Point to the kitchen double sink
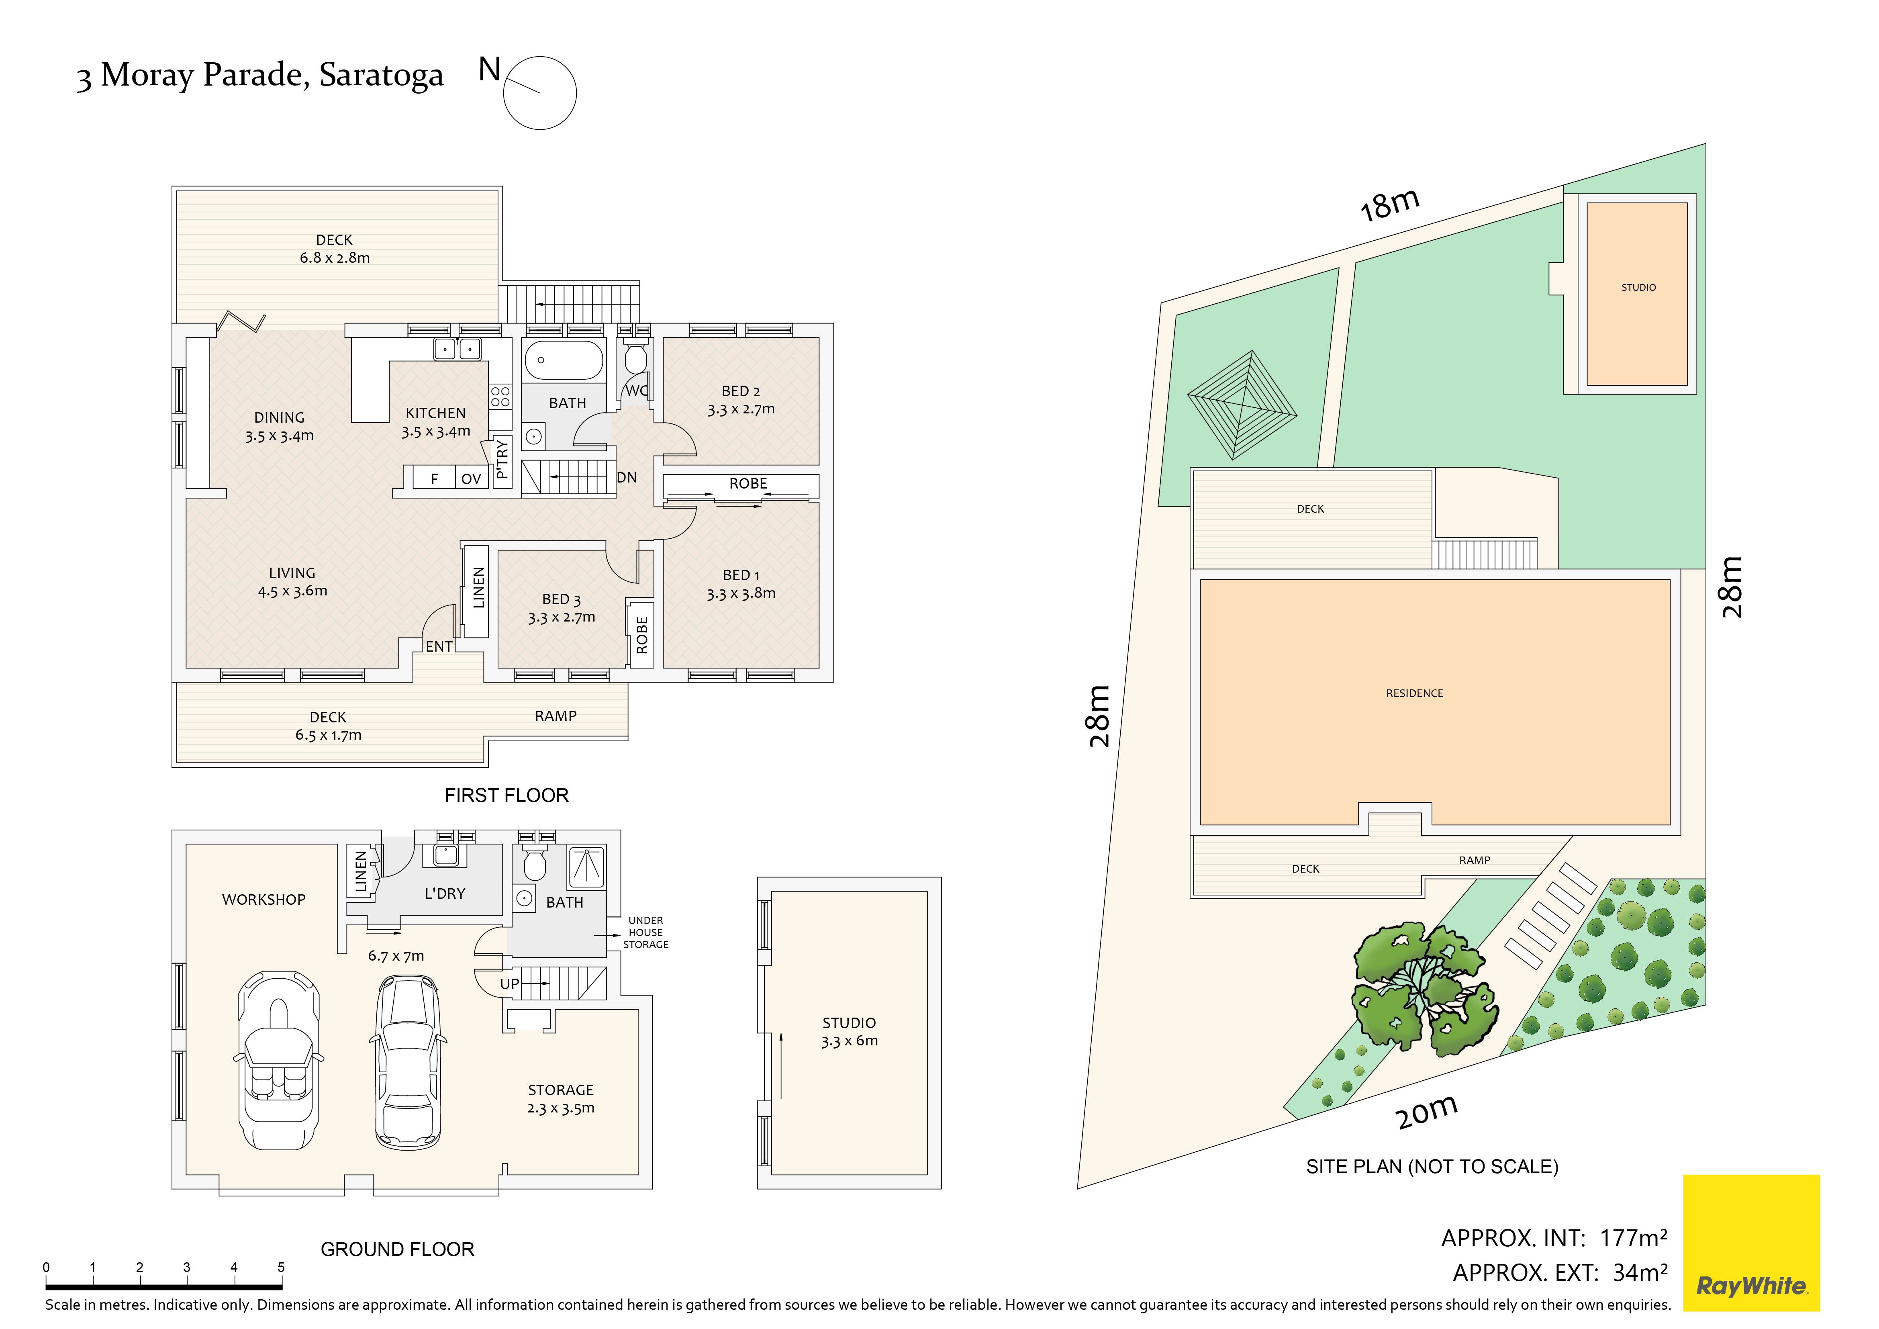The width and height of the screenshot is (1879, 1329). pyautogui.click(x=457, y=349)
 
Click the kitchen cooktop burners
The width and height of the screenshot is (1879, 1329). pyautogui.click(x=500, y=397)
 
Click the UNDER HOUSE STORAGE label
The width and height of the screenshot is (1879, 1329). pyautogui.click(x=646, y=932)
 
